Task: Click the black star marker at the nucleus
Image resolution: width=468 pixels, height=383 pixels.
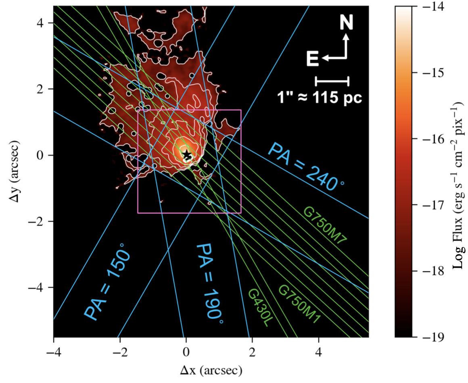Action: [x=187, y=155]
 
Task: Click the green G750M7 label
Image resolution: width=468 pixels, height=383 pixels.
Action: [x=325, y=226]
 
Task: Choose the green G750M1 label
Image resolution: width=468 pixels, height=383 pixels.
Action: [x=300, y=304]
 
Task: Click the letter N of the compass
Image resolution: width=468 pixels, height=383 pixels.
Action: [x=346, y=22]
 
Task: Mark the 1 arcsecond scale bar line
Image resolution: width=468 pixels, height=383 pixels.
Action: [x=332, y=81]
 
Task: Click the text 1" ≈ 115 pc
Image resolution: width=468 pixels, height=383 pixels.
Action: [x=320, y=98]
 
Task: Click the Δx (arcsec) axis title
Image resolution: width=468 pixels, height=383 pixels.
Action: [x=211, y=371]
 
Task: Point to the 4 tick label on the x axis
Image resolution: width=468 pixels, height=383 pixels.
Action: [x=319, y=352]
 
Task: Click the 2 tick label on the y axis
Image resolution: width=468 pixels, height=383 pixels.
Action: [x=40, y=89]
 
